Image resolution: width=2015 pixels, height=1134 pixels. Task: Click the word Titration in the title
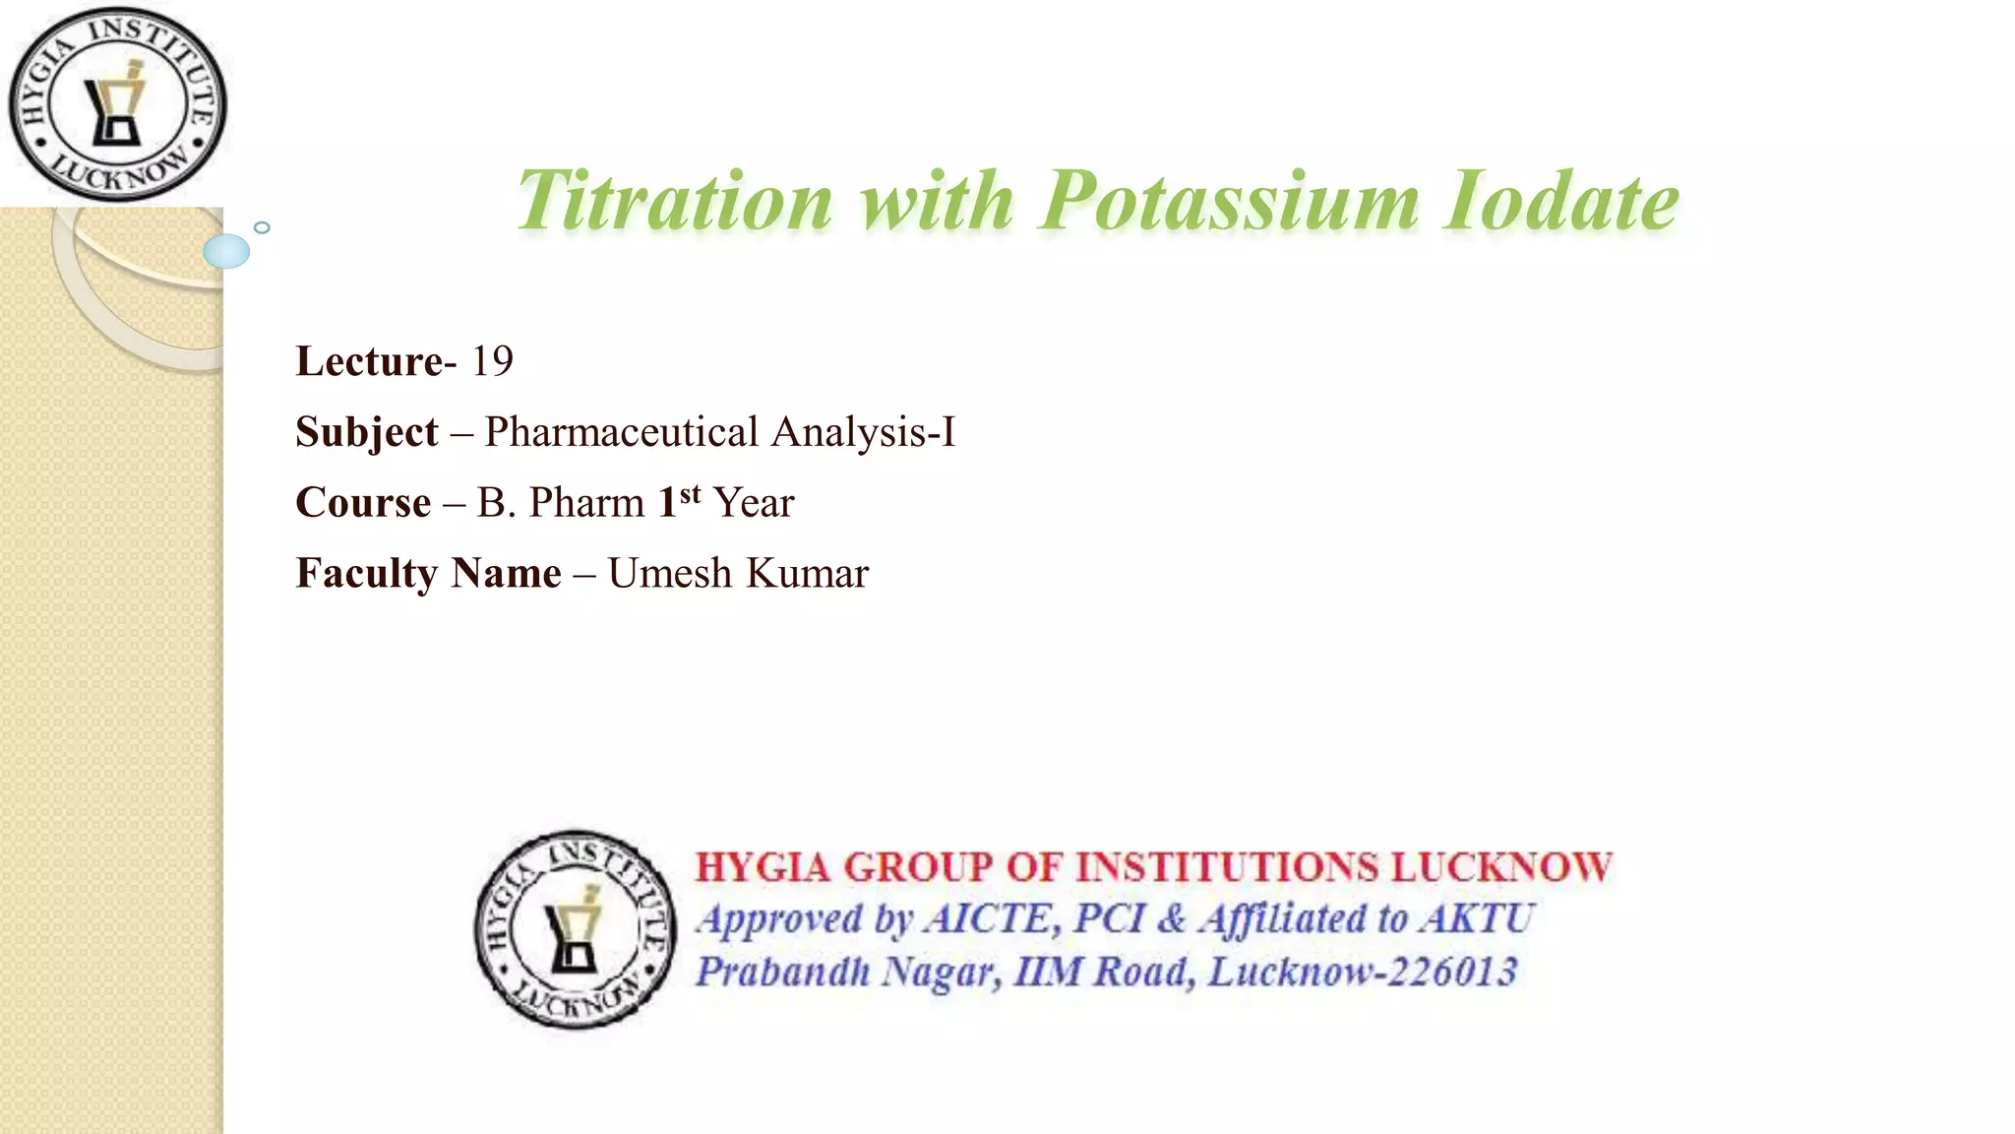pyautogui.click(x=675, y=202)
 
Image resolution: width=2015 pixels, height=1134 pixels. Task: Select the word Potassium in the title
pyautogui.click(x=1229, y=202)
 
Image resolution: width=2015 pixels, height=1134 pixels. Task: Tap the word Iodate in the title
pyautogui.click(x=1561, y=202)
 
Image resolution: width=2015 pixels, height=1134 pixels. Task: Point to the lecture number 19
pyautogui.click(x=492, y=362)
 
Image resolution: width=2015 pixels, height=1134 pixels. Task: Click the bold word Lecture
pyautogui.click(x=369, y=362)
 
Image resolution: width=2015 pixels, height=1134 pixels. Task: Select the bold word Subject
pyautogui.click(x=367, y=433)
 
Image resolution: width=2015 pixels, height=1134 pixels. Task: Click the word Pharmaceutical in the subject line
pyautogui.click(x=621, y=433)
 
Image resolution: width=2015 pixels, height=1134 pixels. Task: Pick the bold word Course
pyautogui.click(x=363, y=503)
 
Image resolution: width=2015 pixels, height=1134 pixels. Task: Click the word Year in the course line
pyautogui.click(x=754, y=503)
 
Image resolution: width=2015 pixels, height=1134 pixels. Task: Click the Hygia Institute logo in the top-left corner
pyautogui.click(x=117, y=104)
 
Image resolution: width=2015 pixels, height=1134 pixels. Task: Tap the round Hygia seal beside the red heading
pyautogui.click(x=576, y=928)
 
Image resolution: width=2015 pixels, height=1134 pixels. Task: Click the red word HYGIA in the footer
pyautogui.click(x=763, y=868)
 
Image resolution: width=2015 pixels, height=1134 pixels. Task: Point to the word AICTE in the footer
pyautogui.click(x=989, y=919)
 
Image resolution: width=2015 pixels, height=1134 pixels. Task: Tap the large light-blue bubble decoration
pyautogui.click(x=226, y=252)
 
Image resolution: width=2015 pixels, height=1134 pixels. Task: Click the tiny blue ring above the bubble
pyautogui.click(x=262, y=227)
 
